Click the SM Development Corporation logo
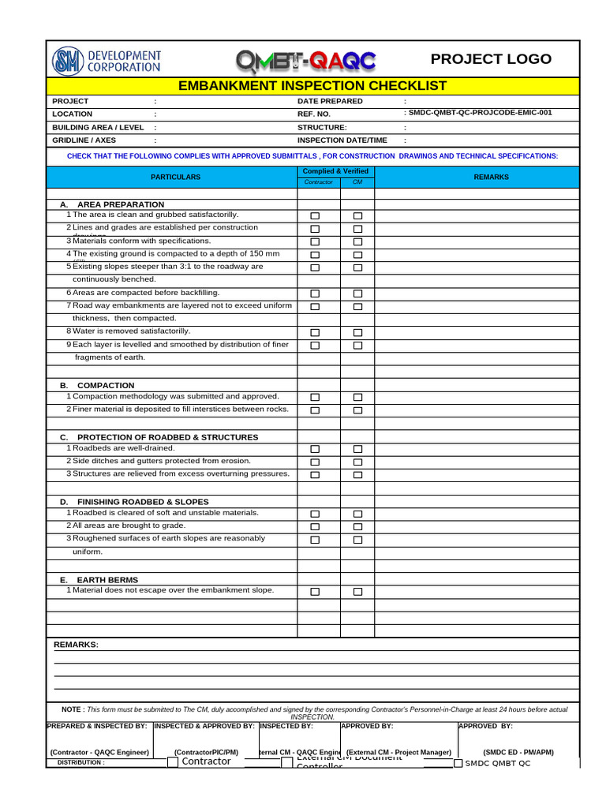[107, 61]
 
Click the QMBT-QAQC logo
[306, 61]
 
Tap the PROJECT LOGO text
[491, 59]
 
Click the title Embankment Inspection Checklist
[312, 86]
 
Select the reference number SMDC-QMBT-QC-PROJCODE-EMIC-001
[480, 113]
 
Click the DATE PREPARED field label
[330, 101]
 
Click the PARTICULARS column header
[175, 178]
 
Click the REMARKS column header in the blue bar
[491, 178]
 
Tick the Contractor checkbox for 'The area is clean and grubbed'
[316, 215]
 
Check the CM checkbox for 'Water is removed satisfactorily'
[357, 332]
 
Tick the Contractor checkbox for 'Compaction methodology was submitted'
[316, 397]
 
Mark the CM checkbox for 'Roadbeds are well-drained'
[357, 449]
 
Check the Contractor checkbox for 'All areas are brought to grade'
[316, 526]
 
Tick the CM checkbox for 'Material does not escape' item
[357, 591]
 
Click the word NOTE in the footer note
[73, 709]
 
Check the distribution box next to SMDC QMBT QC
[458, 763]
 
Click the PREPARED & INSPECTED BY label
[97, 725]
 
